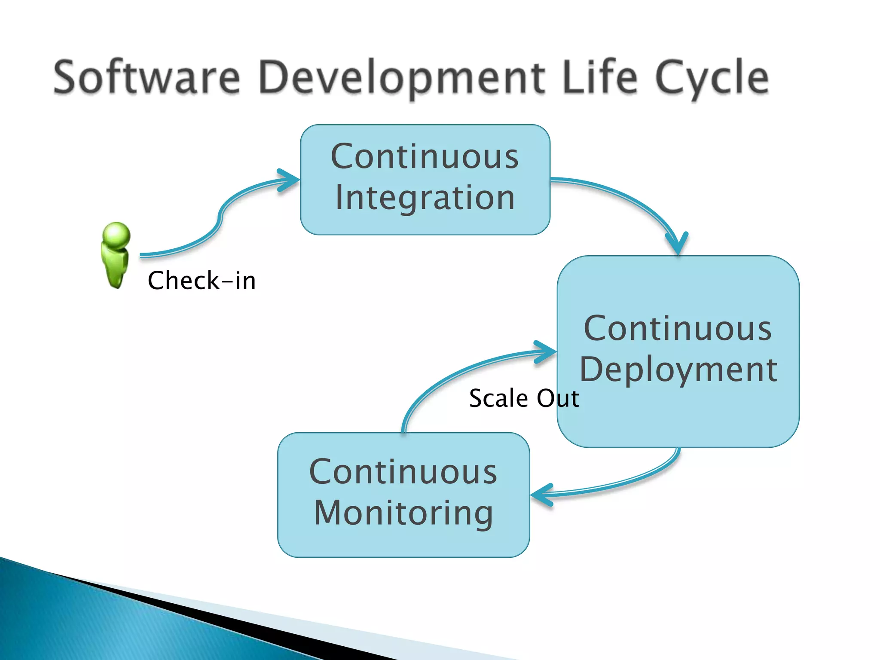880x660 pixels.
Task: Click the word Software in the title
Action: pos(146,77)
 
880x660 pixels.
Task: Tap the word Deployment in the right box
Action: pos(678,370)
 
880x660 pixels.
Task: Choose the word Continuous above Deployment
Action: pos(678,328)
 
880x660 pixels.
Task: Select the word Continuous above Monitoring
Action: pos(403,472)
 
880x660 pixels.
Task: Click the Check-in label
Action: pos(202,281)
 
